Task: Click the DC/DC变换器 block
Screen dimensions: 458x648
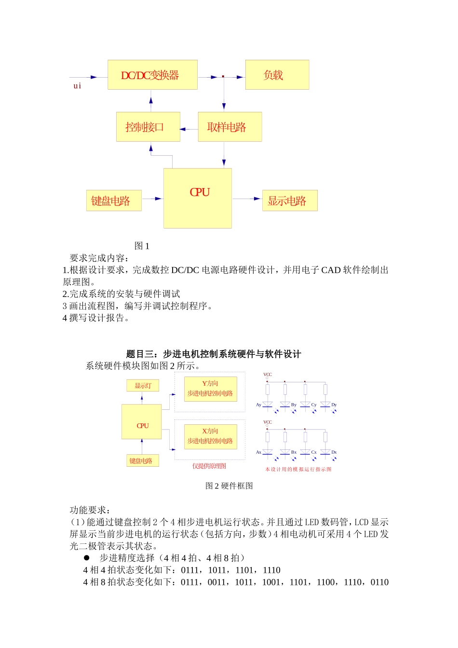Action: [152, 75]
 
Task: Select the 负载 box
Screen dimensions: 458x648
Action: [277, 75]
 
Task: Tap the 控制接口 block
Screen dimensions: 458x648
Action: [148, 127]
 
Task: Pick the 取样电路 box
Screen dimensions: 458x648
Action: [229, 127]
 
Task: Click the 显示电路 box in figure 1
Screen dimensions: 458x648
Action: [289, 201]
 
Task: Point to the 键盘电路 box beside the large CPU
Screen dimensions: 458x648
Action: [114, 201]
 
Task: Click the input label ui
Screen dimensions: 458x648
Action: [77, 86]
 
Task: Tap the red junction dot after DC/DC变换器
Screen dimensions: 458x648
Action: [223, 77]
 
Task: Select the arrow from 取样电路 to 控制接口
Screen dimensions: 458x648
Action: [189, 129]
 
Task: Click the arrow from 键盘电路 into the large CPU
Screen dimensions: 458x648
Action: [153, 198]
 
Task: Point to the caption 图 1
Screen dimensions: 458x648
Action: [142, 246]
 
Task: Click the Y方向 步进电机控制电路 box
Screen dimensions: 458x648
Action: [210, 389]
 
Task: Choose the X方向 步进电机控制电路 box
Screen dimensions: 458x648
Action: [210, 436]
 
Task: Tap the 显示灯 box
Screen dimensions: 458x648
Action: [143, 386]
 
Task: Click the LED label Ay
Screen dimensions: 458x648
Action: [258, 405]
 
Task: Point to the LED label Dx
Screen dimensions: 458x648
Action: [334, 452]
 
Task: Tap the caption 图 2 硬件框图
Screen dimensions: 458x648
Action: [229, 486]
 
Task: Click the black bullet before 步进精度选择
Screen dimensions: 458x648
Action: [87, 557]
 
